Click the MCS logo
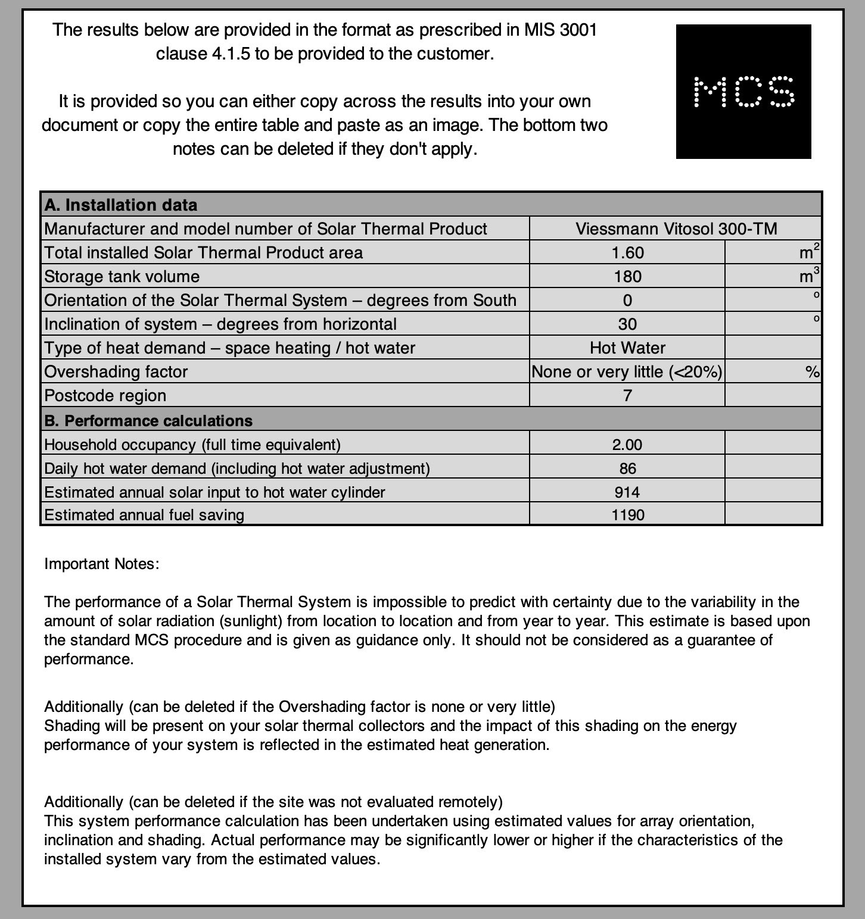coord(743,92)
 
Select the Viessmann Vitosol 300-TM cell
coord(676,229)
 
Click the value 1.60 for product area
coord(627,252)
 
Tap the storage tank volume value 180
coord(627,276)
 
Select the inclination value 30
coord(627,324)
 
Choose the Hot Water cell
coord(627,348)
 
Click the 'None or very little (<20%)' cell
coord(627,371)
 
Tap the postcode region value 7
coord(627,395)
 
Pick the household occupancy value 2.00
coord(627,445)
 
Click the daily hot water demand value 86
coord(627,468)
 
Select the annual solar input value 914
coord(627,492)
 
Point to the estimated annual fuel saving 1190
coord(627,515)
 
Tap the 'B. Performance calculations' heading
coord(148,421)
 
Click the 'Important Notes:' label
coord(102,564)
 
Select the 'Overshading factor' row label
coord(116,371)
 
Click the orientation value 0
coord(627,300)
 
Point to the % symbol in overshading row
coord(812,372)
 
